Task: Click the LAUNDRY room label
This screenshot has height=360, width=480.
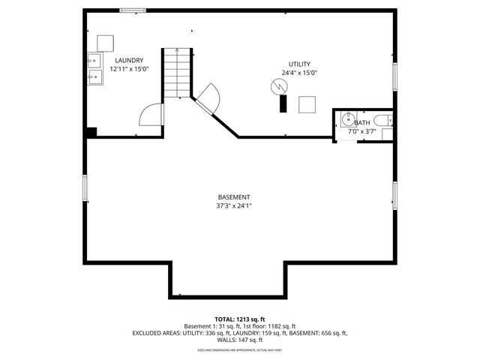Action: coord(129,60)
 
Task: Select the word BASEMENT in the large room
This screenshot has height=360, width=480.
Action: coord(234,197)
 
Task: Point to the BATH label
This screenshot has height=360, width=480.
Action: coord(362,123)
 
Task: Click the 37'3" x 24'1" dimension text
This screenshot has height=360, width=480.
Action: coord(234,205)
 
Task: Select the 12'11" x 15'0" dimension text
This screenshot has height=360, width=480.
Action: coord(129,68)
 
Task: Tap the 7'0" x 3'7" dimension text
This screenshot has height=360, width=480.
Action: coord(362,131)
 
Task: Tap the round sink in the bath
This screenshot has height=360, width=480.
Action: coord(348,118)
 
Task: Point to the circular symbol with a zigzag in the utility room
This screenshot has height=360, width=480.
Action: coord(278,88)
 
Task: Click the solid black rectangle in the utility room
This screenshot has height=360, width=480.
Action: coord(283,104)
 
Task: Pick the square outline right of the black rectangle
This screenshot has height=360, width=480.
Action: coord(307,104)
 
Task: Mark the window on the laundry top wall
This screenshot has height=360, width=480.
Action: coord(133,10)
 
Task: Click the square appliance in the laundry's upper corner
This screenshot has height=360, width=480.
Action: coord(106,42)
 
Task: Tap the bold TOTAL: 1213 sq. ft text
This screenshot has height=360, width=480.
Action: coord(240,319)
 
